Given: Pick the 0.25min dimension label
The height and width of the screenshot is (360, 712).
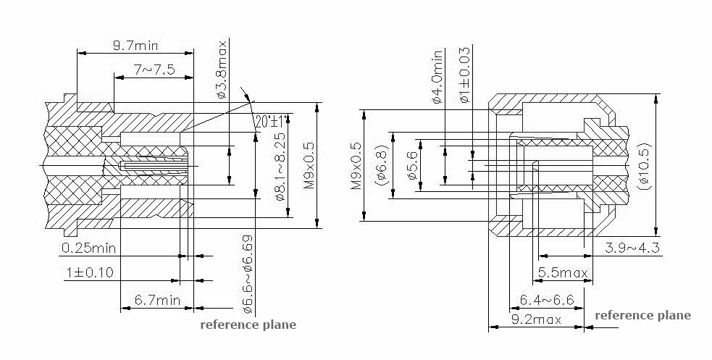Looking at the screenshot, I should pyautogui.click(x=89, y=248).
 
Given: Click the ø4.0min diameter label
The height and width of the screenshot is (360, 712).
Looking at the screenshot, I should pyautogui.click(x=437, y=77).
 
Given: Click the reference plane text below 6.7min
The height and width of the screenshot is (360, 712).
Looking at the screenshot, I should pyautogui.click(x=248, y=325).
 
